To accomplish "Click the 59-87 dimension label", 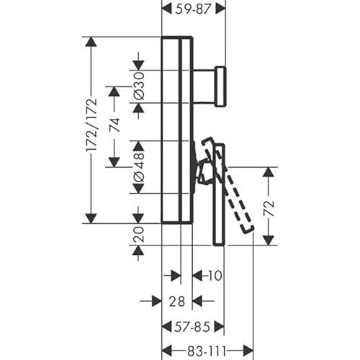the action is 193,9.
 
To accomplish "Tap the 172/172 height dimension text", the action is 91,125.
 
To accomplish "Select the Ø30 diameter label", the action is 139,86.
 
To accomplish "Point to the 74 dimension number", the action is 114,125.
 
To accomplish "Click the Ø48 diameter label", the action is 139,166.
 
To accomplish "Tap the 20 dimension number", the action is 139,234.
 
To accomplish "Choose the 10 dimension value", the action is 215,276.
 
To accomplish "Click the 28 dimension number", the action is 177,301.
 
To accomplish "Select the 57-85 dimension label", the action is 192,327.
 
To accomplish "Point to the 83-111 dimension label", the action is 207,351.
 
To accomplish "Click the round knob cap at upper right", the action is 220,86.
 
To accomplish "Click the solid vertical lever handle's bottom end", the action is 219,245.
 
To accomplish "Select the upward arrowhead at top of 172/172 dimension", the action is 91,42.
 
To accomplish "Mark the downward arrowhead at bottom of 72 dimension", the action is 269,240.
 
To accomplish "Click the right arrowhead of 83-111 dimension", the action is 248,351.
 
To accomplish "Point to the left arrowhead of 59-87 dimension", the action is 168,9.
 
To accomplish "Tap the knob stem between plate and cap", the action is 204,86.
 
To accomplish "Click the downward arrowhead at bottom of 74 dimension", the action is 114,162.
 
